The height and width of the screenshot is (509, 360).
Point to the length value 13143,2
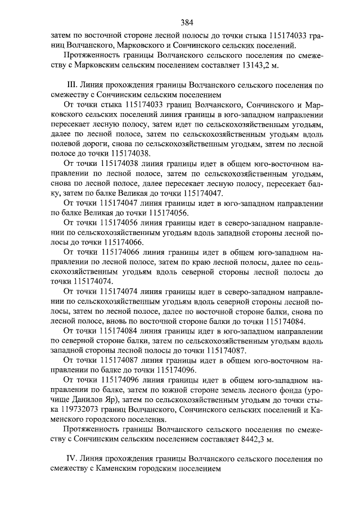click(253, 65)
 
